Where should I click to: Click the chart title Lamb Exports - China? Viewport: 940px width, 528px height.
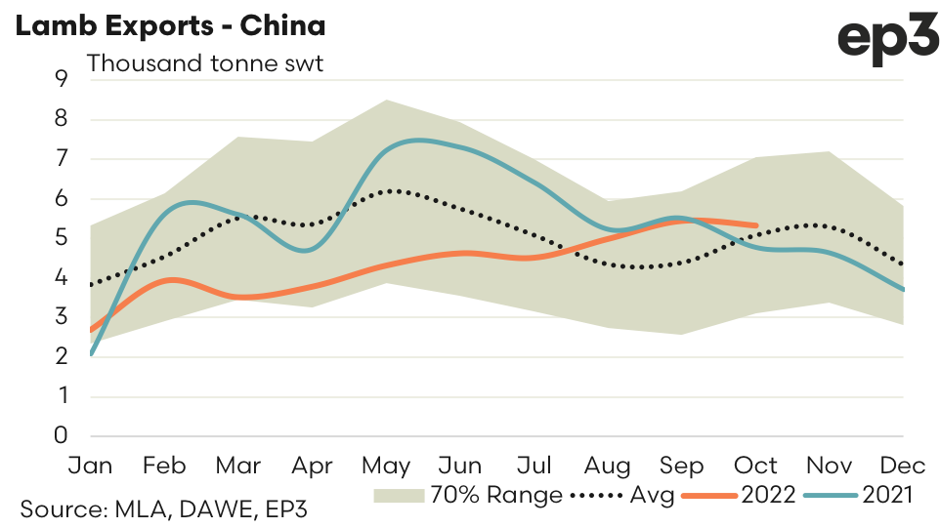coord(170,26)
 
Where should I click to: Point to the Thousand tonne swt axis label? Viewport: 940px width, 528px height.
coord(205,64)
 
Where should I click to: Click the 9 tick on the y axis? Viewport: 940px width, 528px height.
coord(62,79)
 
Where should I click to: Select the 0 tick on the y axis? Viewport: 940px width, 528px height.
coord(62,435)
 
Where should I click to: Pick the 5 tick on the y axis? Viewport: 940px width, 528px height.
coord(62,238)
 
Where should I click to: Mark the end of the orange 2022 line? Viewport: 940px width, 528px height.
coord(757,225)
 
